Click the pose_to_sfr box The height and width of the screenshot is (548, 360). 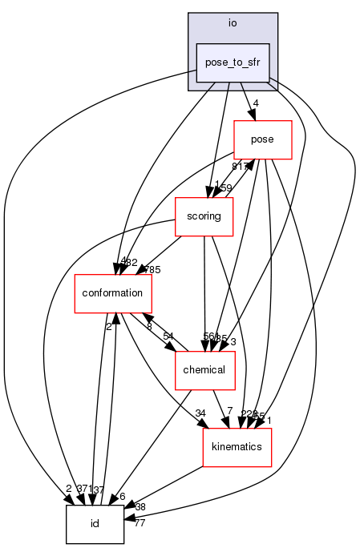pyautogui.click(x=233, y=61)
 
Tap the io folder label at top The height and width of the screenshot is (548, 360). pyautogui.click(x=233, y=23)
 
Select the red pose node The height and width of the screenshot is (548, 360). pyautogui.click(x=262, y=139)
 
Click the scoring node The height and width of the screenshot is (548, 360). pyautogui.click(x=204, y=216)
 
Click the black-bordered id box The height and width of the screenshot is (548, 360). pyautogui.click(x=95, y=524)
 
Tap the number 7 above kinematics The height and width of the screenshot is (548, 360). pyautogui.click(x=229, y=412)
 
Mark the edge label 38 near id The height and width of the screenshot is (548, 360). pyautogui.click(x=140, y=506)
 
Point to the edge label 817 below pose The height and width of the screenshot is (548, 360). pyautogui.click(x=239, y=167)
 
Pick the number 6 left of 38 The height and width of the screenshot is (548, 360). pyautogui.click(x=123, y=497)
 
